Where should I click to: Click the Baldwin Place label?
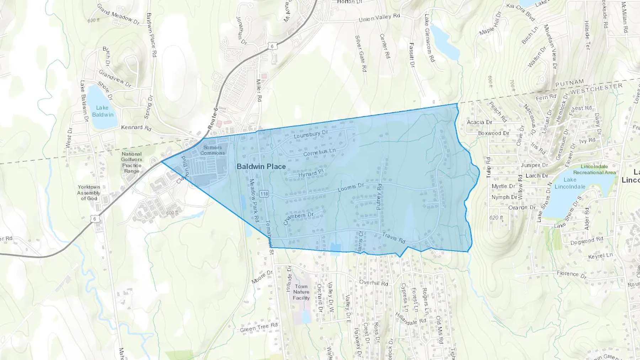tap(261, 166)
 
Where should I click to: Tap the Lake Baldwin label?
tap(102, 111)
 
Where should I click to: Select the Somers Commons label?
tap(212, 150)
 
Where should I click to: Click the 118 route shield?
tap(264, 194)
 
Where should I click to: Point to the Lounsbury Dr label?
tap(311, 134)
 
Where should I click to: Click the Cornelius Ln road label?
tap(319, 152)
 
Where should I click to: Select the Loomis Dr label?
tap(351, 187)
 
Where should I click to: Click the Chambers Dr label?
tap(298, 218)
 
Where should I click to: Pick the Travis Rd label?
tap(394, 238)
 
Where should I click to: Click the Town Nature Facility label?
tap(301, 292)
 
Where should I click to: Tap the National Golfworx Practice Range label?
tap(132, 162)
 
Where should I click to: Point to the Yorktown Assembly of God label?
tap(89, 193)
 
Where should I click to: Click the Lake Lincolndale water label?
tap(570, 183)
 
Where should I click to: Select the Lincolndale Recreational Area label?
tap(594, 170)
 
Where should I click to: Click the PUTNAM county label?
tap(570, 83)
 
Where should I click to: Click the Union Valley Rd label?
tap(379, 18)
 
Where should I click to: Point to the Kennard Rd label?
tap(136, 127)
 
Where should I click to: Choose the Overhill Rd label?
tap(373, 283)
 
